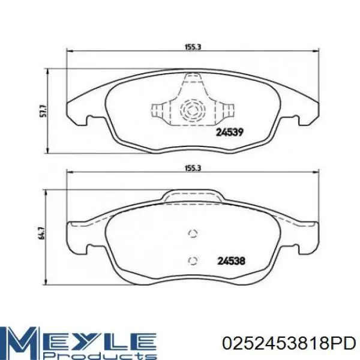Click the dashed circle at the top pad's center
click(192, 110)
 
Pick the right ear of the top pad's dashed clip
click(226, 110)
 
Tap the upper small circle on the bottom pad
click(192, 235)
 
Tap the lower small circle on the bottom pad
click(192, 260)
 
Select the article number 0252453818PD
click(288, 343)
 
